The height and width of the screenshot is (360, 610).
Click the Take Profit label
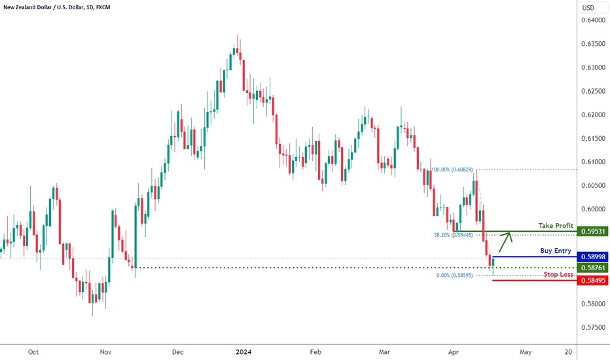point(556,226)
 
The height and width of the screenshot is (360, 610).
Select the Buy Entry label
point(556,251)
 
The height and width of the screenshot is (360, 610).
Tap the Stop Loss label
point(558,275)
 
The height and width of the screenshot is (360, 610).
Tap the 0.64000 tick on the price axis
point(592,20)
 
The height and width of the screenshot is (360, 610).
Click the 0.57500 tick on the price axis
point(592,327)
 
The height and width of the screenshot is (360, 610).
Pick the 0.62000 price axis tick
point(592,115)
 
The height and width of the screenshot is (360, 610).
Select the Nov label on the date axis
point(105,352)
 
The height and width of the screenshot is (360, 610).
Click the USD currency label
point(588,8)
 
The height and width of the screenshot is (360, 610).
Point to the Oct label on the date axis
point(33,352)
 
